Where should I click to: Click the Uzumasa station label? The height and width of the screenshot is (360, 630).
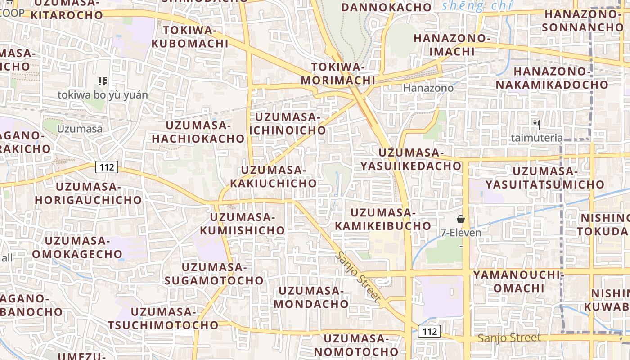coord(80,129)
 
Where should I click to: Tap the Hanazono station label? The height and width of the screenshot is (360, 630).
coord(428,88)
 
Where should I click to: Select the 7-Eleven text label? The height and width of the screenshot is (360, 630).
coord(461,233)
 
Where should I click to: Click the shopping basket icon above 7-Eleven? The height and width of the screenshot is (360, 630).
coord(461,220)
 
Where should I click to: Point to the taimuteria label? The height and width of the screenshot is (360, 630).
coord(536,138)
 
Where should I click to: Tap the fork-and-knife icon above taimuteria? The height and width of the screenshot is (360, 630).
coord(536,125)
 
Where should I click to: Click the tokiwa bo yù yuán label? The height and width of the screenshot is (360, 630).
coord(103,95)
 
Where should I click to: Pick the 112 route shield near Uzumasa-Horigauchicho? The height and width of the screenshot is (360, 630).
coord(107,167)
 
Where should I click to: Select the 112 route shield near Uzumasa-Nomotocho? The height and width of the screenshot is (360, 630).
coord(429,332)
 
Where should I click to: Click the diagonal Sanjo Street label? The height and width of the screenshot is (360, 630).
coord(358,277)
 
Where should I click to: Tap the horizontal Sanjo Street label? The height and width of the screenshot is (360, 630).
coord(509,338)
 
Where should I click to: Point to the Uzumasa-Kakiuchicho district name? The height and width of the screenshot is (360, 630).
coord(274,177)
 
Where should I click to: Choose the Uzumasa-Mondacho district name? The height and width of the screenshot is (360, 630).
coord(311,297)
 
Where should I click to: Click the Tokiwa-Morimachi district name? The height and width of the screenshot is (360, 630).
coord(338,74)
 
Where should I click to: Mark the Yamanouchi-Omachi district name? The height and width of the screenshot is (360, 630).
coord(518,281)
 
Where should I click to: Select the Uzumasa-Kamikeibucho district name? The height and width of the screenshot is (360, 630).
coord(383,219)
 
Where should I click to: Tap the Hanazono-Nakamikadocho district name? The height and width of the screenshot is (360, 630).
coord(552,78)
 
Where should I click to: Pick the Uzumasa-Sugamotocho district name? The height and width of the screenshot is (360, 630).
coord(214,274)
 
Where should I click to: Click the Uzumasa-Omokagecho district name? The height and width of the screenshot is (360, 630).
coord(77,247)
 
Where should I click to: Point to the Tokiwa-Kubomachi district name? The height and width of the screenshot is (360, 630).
coord(190,37)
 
